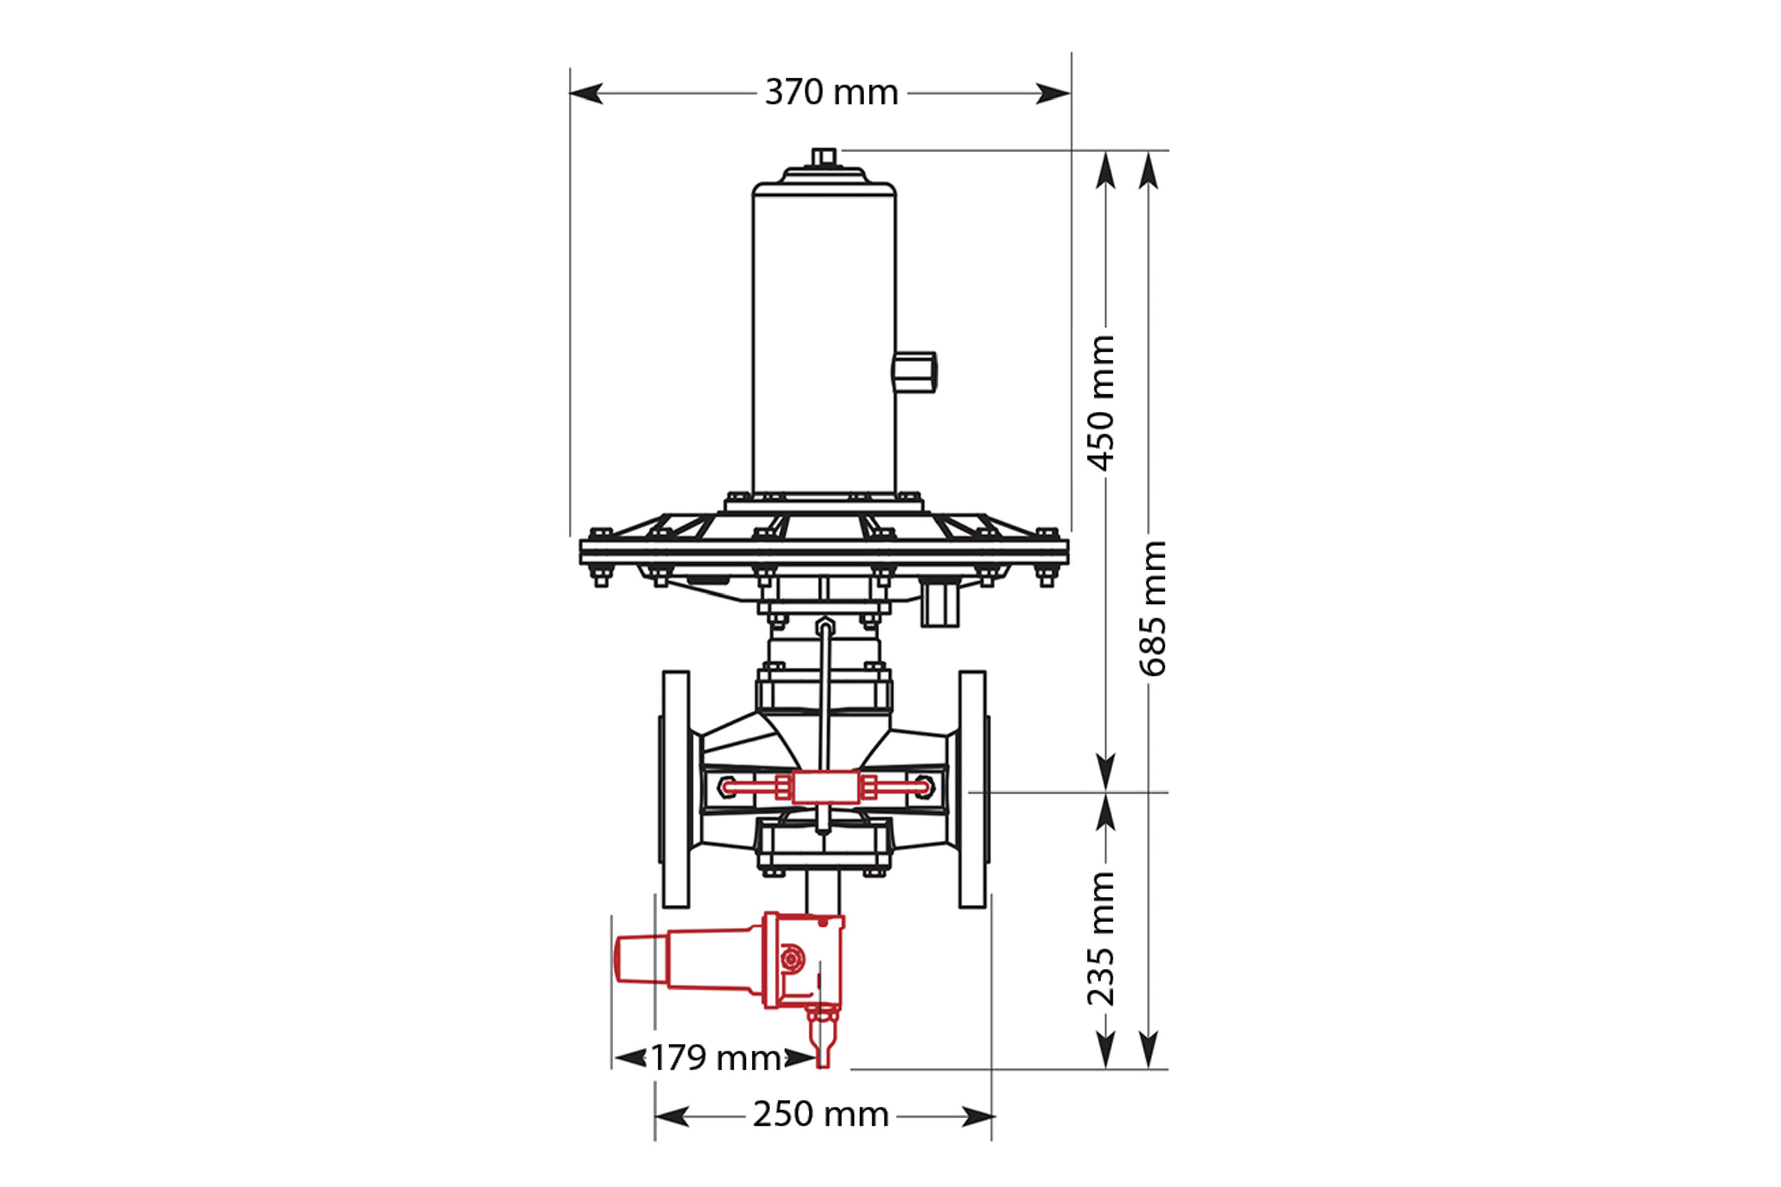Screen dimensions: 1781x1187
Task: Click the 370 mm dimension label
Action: (831, 92)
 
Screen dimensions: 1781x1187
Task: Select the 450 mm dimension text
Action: (1102, 403)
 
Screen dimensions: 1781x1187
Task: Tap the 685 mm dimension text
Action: (1153, 608)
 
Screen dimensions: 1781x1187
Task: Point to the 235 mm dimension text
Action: (1102, 939)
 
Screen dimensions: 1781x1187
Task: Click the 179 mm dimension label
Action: (716, 1058)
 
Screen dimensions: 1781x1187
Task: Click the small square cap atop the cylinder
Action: (824, 157)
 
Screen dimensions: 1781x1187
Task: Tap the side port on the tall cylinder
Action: (915, 372)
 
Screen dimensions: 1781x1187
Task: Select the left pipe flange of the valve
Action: (676, 789)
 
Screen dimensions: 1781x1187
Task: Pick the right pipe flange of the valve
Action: (973, 789)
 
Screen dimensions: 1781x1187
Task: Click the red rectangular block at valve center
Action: (824, 788)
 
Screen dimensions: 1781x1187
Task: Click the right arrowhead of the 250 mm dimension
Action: (978, 1116)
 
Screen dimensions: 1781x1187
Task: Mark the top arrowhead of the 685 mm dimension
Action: (1149, 169)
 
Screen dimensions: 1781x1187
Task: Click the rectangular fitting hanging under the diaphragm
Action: (940, 603)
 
